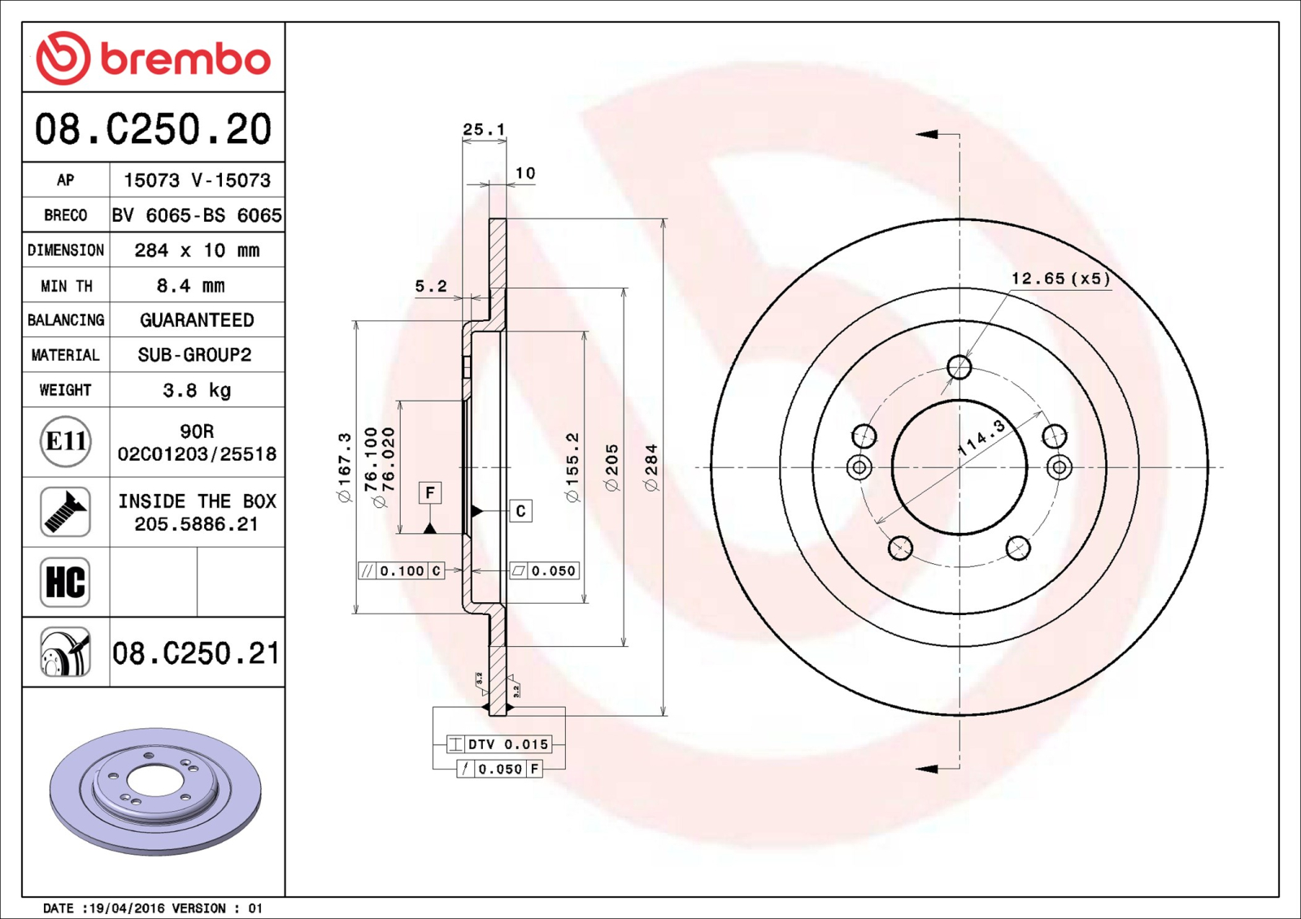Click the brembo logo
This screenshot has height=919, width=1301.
[x=153, y=58]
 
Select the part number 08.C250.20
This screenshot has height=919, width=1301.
[x=154, y=129]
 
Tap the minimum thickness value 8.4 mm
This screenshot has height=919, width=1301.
[x=190, y=286]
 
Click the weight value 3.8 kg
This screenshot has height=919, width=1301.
[x=197, y=390]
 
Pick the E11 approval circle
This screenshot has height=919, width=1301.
[x=66, y=442]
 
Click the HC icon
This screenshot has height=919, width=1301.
[x=65, y=583]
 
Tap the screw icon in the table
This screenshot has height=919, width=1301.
[x=65, y=511]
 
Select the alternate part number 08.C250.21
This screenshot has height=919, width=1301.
[x=196, y=653]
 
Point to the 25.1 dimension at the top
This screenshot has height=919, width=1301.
[x=484, y=129]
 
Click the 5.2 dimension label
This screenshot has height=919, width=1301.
[x=431, y=286]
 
